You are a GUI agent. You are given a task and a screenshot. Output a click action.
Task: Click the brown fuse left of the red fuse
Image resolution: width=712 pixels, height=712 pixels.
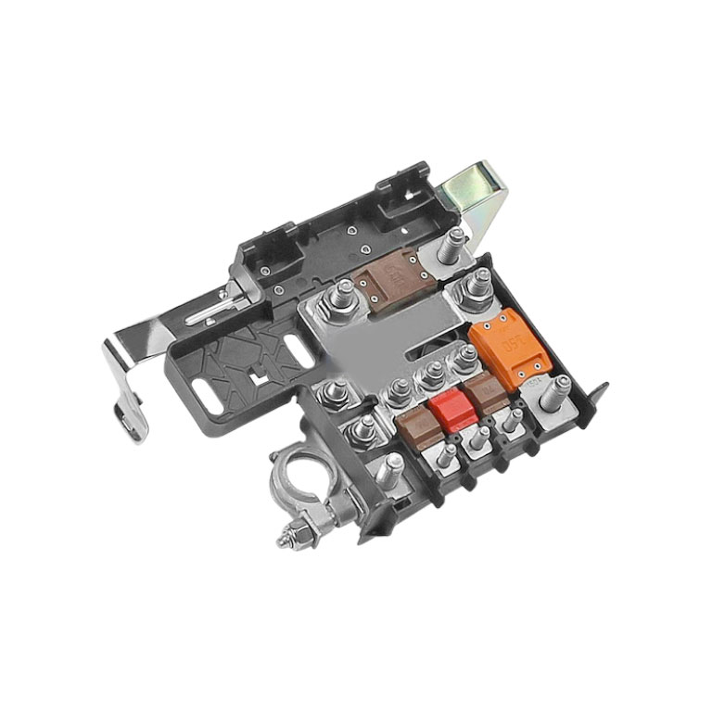click(416, 428)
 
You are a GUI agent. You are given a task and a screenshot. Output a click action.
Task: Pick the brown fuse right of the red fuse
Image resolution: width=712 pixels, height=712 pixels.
click(484, 396)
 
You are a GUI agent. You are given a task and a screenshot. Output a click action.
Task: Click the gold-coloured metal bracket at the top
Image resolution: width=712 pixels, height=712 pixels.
click(476, 197)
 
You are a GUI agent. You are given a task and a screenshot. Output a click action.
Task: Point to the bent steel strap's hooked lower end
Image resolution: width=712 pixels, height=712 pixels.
click(133, 418)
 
